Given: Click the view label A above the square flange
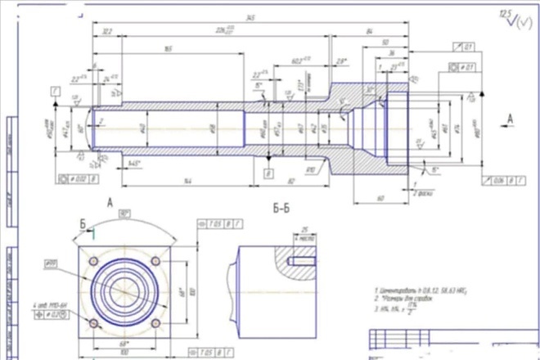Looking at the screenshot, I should point(110,199).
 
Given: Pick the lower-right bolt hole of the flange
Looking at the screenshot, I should point(155,322).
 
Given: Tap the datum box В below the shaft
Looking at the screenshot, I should point(268,173).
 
